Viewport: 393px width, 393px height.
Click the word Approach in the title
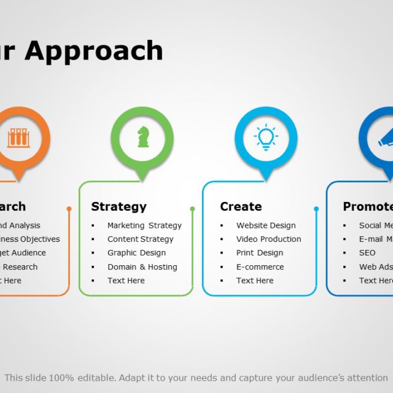(x=94, y=52)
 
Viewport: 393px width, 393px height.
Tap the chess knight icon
(x=142, y=137)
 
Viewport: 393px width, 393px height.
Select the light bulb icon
(x=266, y=137)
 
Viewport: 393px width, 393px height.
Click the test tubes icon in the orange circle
(x=18, y=137)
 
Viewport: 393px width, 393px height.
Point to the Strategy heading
(x=119, y=206)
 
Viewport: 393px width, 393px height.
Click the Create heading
(x=241, y=206)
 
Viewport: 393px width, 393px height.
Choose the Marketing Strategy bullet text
(x=144, y=225)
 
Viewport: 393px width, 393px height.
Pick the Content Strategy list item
(x=140, y=239)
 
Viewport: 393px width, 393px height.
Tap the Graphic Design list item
(x=136, y=252)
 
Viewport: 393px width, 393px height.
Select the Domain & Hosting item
(x=142, y=267)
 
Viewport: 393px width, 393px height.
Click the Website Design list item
(x=266, y=225)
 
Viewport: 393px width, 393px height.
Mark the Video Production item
(x=268, y=239)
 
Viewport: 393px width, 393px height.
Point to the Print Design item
(x=259, y=252)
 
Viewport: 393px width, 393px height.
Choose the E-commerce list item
(x=260, y=267)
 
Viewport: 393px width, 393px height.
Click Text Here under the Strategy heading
(x=126, y=280)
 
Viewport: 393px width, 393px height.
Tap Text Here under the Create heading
(x=255, y=280)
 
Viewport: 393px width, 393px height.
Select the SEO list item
(x=367, y=252)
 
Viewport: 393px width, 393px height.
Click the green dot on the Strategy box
(x=192, y=209)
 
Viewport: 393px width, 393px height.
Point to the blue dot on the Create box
(x=316, y=209)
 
